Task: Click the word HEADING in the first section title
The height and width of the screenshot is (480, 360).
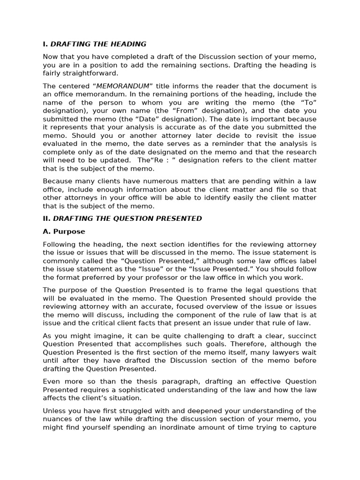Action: coord(128,44)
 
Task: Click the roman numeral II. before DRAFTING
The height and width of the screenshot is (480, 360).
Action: coord(47,218)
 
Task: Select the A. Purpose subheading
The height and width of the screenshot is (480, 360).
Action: coord(64,232)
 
